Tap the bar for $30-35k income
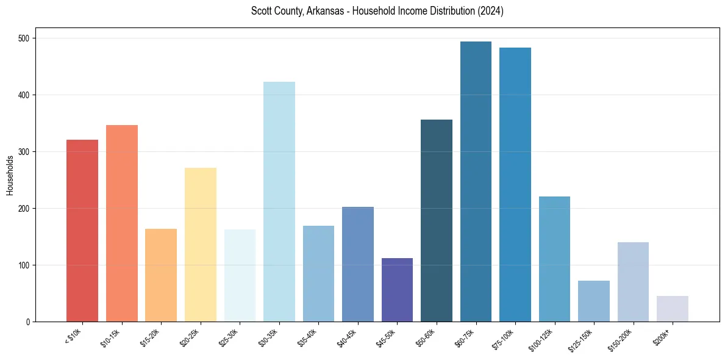coord(279,201)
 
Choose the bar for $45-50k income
coord(397,290)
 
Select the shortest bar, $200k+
coord(673,309)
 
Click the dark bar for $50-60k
coord(437,220)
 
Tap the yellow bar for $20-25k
coord(201,245)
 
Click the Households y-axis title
coord(10,175)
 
